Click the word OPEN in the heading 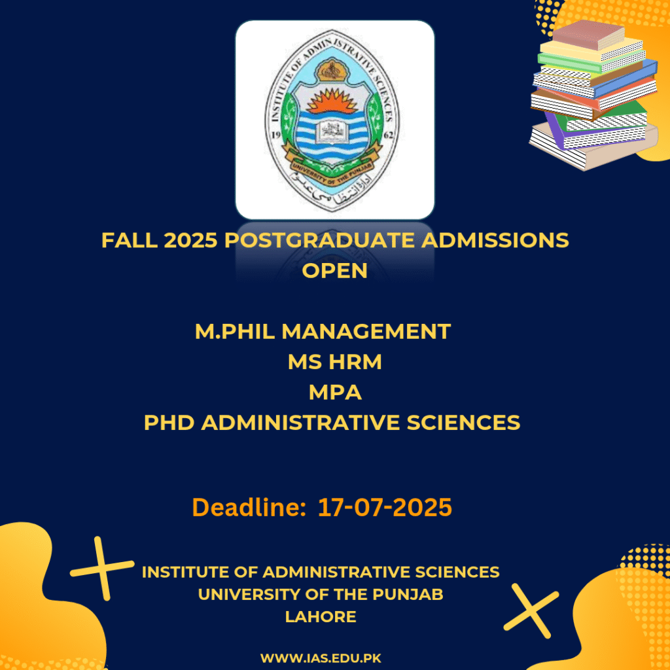click(334, 270)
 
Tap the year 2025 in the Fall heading click(190, 240)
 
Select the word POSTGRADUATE click(319, 240)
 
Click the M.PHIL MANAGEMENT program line click(323, 331)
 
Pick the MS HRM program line click(334, 361)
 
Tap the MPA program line click(335, 393)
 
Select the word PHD click(169, 423)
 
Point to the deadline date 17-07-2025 click(385, 508)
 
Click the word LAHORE click(321, 616)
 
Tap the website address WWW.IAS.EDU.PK click(321, 658)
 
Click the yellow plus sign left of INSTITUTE click(102, 569)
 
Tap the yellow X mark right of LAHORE click(531, 611)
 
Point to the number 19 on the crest click(275, 135)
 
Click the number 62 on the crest click(389, 135)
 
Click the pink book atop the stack click(588, 34)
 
